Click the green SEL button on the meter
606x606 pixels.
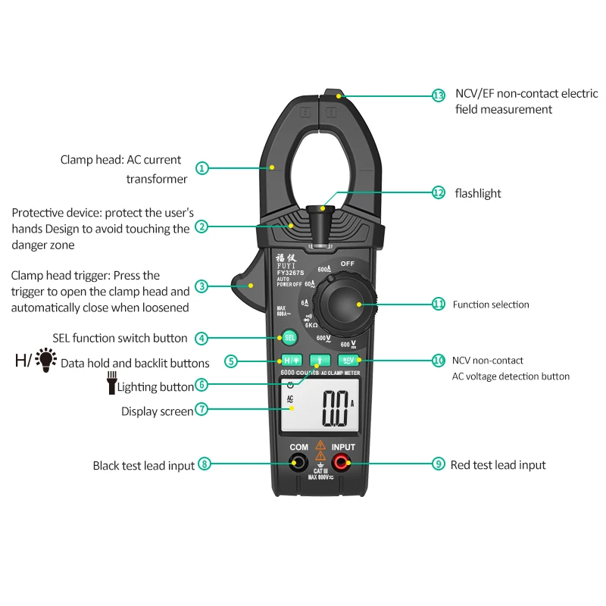tap(289, 338)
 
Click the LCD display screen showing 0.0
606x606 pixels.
tap(318, 412)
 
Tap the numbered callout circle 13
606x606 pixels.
tap(439, 95)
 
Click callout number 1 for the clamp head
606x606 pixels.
tap(201, 168)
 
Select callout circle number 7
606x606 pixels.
tap(201, 409)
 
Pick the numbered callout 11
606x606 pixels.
tap(438, 304)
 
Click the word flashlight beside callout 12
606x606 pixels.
tap(478, 193)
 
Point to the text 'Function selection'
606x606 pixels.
tap(491, 305)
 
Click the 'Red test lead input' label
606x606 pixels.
tap(498, 465)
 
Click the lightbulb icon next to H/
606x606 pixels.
tap(47, 359)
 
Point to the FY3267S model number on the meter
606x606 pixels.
tap(289, 273)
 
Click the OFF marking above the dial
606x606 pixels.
tap(347, 264)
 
